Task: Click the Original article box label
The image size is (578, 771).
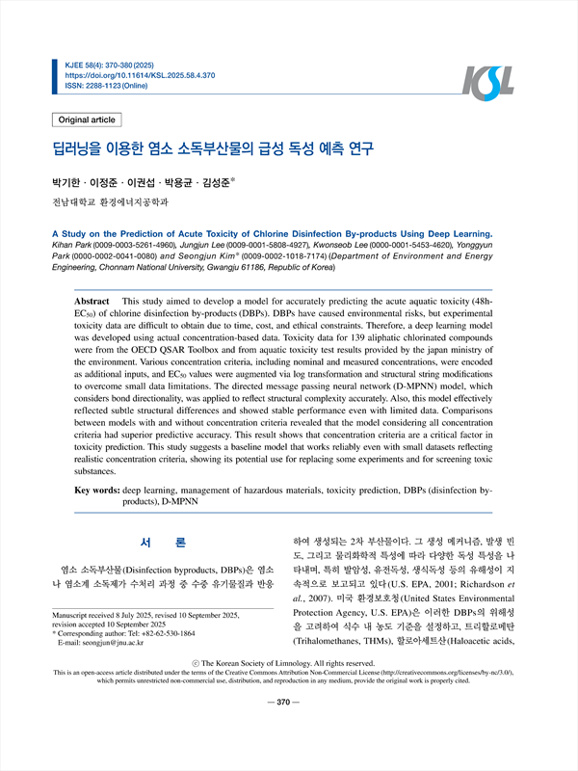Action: (87, 120)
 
